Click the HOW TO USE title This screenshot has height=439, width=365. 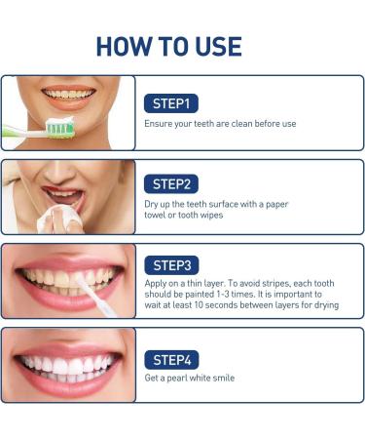point(182,45)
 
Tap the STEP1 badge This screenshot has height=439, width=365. point(171,102)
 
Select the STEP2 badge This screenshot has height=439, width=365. point(172,183)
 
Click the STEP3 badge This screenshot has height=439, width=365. point(172,263)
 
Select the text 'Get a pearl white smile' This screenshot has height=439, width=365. point(189,378)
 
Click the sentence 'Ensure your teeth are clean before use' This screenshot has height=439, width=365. point(220,124)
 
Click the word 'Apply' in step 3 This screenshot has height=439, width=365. point(156,284)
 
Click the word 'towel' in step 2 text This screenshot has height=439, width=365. point(158,216)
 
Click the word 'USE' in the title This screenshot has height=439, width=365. point(215,45)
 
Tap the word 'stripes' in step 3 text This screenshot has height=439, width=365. point(278,284)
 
